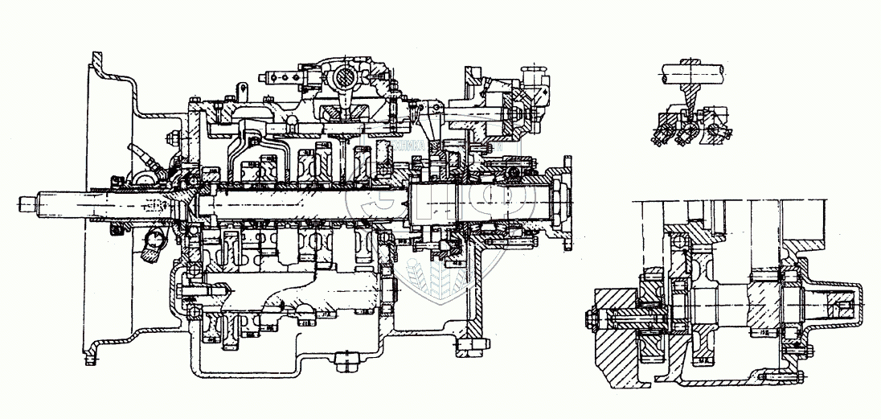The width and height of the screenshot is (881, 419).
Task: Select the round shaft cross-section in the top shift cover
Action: click(341, 79)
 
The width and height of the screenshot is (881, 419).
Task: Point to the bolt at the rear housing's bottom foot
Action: click(471, 347)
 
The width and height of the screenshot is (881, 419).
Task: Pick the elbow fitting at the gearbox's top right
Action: click(536, 80)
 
